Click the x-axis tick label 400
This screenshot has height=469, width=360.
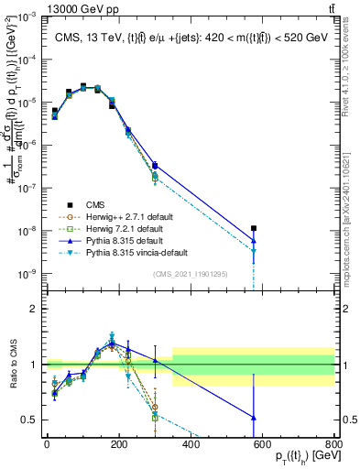191,444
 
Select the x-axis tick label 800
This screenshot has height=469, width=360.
334,444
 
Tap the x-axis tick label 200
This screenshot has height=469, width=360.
118,444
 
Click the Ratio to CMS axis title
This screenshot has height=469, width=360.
11,365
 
